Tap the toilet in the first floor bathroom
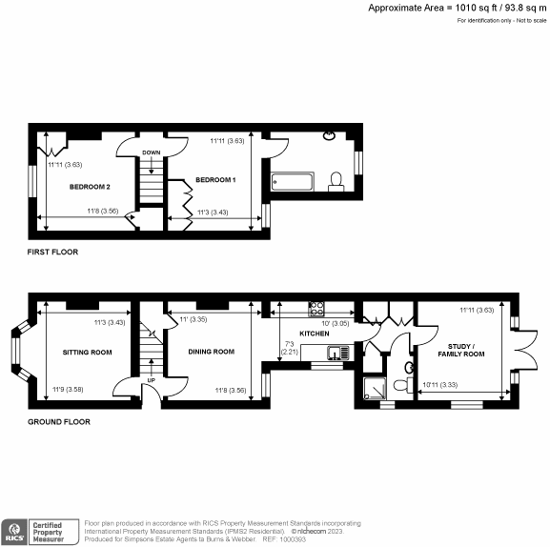[x=336, y=180]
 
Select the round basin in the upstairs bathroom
[x=330, y=134]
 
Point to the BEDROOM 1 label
[x=215, y=179]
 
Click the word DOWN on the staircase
[x=151, y=152]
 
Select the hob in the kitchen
[x=316, y=308]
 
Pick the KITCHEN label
[x=315, y=333]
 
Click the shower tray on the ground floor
[x=376, y=387]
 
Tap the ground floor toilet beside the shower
[x=409, y=367]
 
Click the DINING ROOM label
[x=211, y=352]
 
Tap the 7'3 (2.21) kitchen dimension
[x=289, y=348]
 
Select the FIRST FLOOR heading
[x=53, y=253]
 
